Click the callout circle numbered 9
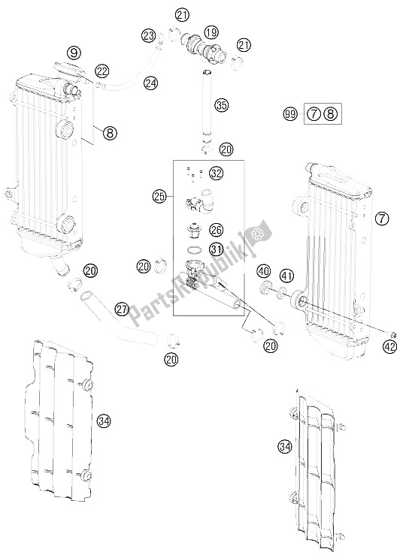[x=73, y=53]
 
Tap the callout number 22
[x=102, y=71]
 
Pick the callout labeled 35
[x=220, y=104]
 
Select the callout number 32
[x=217, y=173]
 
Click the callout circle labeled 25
[x=159, y=197]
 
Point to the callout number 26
[x=217, y=230]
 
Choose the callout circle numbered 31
[x=217, y=251]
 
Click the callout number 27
[x=122, y=309]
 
